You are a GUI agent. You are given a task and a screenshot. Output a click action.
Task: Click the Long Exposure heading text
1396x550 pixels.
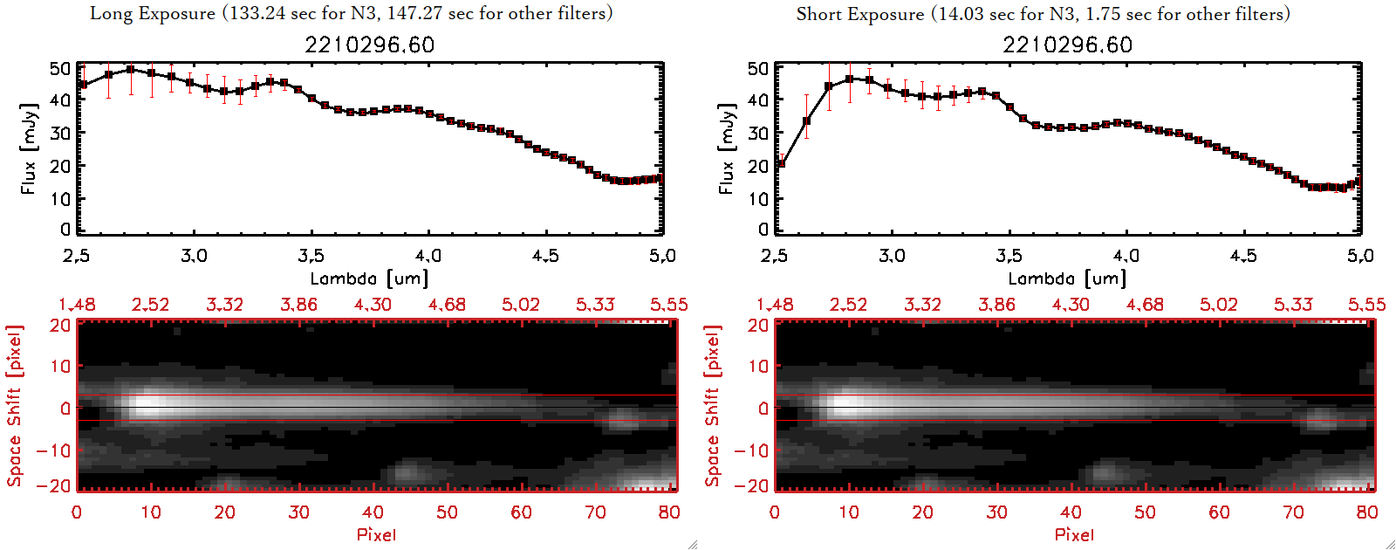tap(351, 13)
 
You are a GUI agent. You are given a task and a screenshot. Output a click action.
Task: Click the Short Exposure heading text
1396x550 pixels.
tap(1043, 14)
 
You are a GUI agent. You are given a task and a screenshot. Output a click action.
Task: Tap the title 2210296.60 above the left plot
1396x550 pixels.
tap(369, 45)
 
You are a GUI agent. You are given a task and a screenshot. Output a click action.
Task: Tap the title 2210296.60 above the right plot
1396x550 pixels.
tap(1067, 45)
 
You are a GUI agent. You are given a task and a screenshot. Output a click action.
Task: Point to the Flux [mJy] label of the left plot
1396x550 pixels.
tap(29, 148)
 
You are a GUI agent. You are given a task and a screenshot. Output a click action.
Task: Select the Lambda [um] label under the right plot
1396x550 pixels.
tap(1067, 278)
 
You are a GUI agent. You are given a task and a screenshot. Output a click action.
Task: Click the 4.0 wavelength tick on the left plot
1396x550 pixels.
tap(428, 256)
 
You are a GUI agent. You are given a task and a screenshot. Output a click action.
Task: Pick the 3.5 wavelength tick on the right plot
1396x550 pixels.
tap(1009, 256)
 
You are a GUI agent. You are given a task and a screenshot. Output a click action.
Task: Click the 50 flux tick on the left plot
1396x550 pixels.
tap(60, 68)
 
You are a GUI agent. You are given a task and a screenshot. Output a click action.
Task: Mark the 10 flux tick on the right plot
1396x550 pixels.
tap(758, 198)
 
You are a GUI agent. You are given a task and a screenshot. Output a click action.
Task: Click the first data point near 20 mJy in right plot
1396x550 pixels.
tap(781, 163)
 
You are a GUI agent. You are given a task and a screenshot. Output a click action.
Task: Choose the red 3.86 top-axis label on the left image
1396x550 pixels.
tap(298, 305)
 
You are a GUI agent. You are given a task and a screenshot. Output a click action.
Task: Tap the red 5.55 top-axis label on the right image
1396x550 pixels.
tap(1366, 305)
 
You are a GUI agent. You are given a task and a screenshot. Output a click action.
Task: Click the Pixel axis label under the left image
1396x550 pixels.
tap(376, 534)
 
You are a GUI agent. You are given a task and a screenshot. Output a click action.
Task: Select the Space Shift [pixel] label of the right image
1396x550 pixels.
tap(713, 406)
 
